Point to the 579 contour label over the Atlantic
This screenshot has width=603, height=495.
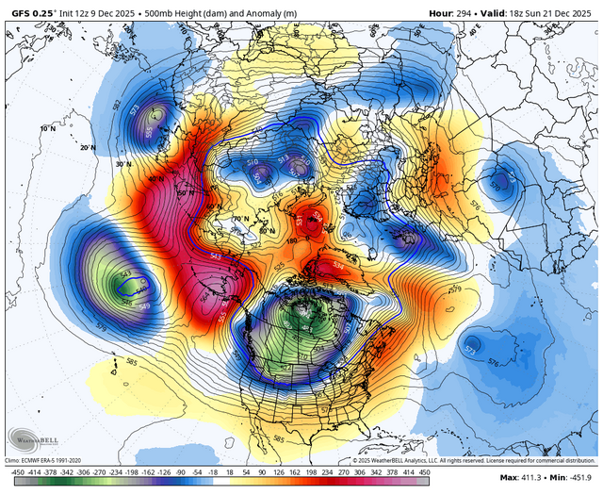tap(456, 289)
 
